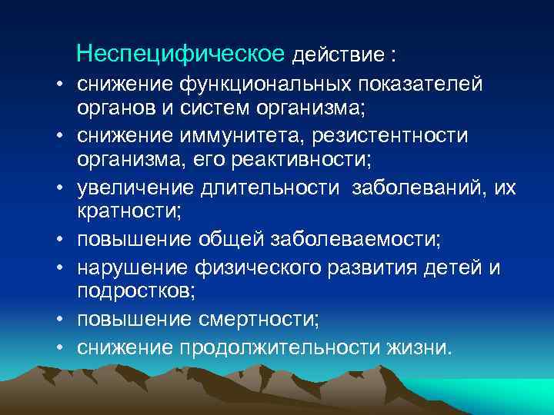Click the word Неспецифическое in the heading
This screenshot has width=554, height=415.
pos(182,54)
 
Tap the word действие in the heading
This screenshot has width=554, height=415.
pos(338,55)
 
